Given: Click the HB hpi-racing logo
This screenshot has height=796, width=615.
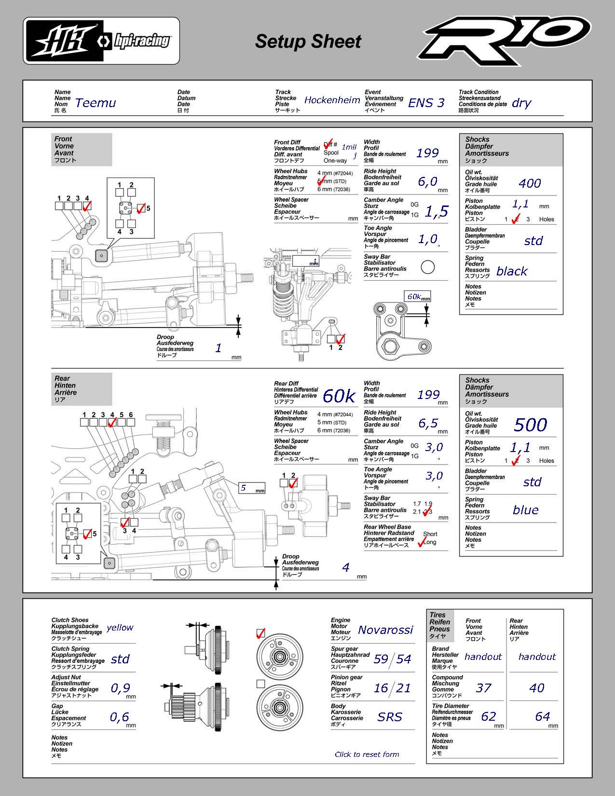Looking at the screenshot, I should point(101,41).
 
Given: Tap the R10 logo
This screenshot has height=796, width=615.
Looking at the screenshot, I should point(504,41).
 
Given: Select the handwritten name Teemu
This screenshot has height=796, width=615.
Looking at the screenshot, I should point(96,103).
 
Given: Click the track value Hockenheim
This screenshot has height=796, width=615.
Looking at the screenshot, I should point(332,100).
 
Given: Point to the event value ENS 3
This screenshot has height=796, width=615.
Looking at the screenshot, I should point(426,103).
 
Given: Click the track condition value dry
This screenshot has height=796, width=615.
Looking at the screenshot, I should point(521,103).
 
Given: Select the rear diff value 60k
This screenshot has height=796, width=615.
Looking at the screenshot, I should point(339,396).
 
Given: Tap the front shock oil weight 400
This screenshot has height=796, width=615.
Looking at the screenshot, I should point(530,183).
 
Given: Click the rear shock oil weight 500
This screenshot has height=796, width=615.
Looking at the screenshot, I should point(530,425).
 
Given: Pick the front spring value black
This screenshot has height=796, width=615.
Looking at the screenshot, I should point(512,272).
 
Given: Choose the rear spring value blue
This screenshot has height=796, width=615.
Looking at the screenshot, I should point(525,510).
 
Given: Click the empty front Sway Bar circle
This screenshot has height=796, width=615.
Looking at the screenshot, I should point(427,267).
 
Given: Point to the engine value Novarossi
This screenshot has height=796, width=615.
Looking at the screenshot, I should point(385,630).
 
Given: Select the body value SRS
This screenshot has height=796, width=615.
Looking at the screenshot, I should point(390,717).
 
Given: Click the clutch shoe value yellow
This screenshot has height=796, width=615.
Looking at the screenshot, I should point(120,628).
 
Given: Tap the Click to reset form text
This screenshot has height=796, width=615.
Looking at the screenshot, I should point(367,755).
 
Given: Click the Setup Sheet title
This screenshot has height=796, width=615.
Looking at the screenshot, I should point(308,41).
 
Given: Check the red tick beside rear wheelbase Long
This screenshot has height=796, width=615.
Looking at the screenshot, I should point(422,542).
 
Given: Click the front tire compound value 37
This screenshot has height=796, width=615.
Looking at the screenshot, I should point(483,688).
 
